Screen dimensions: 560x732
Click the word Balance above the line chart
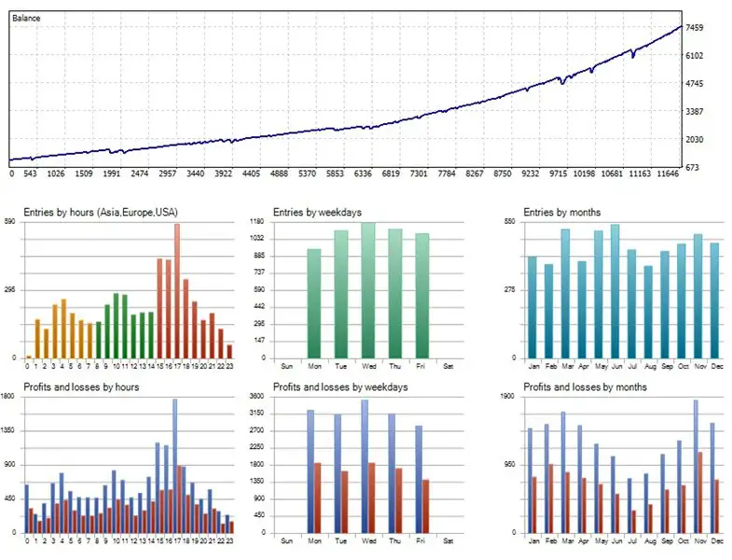click(x=26, y=18)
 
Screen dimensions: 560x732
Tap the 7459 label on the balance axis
click(x=695, y=28)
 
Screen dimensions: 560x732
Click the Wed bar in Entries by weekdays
click(x=368, y=290)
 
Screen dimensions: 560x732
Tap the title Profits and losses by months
click(x=585, y=386)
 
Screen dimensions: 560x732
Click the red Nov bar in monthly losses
click(x=700, y=492)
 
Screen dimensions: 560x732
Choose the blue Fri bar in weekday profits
click(x=419, y=479)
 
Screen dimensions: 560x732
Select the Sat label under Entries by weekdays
click(x=448, y=365)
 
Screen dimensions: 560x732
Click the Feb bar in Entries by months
click(x=548, y=311)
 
